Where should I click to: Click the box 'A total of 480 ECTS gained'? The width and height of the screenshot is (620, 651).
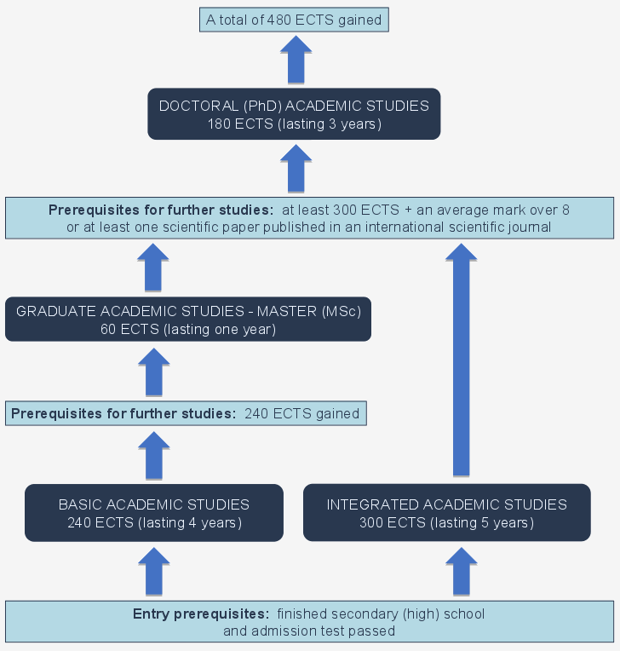(294, 19)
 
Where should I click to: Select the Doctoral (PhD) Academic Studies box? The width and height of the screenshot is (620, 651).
(294, 114)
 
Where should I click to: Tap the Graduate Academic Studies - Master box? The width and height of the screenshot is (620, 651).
(188, 320)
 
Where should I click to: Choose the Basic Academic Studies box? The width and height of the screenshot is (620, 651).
(154, 513)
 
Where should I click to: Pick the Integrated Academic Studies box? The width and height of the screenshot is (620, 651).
(446, 513)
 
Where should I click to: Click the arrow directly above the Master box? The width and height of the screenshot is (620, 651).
(154, 267)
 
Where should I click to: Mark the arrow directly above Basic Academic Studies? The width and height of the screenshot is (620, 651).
(154, 455)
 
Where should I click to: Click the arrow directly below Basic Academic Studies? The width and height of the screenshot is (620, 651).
(154, 571)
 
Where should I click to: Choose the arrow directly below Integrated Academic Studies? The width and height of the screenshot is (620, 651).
(461, 571)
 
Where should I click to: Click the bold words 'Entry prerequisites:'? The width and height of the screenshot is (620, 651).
(199, 614)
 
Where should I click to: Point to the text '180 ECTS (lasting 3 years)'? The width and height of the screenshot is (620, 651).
(294, 124)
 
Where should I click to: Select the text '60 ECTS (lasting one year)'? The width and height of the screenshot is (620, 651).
(188, 329)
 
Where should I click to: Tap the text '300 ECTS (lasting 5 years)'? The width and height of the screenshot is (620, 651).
(446, 522)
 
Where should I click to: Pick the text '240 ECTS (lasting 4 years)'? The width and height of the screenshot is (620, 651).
(154, 522)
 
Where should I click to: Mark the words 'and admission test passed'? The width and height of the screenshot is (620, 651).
(309, 631)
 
